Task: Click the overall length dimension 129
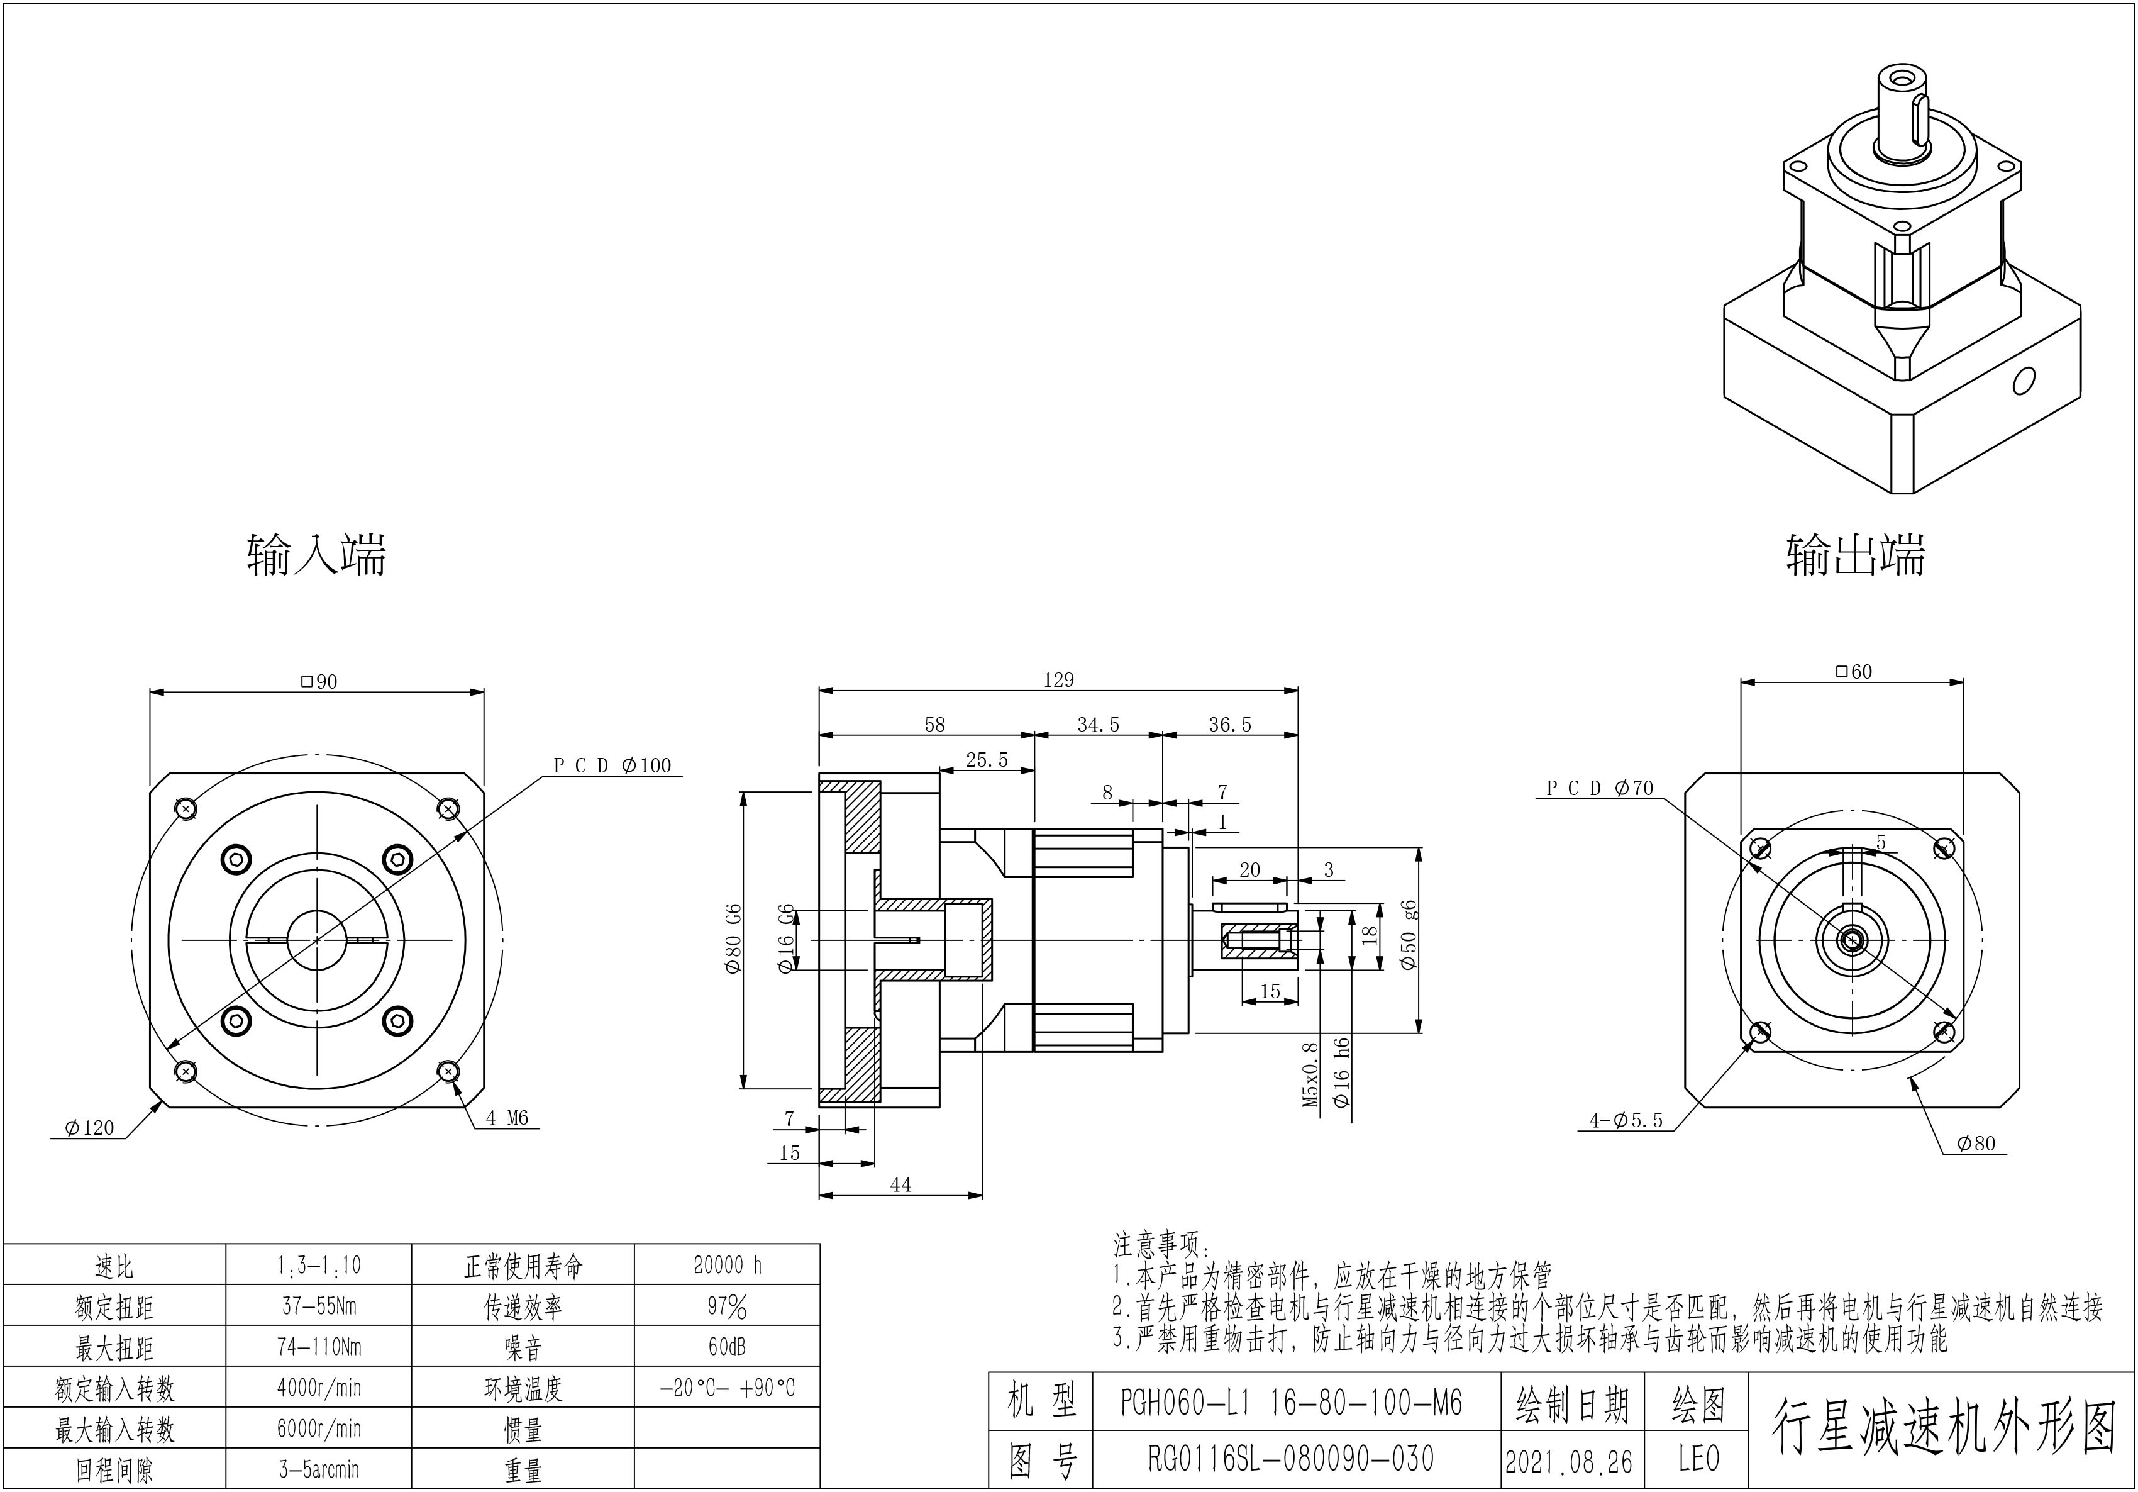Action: point(1059,680)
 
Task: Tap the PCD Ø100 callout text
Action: point(612,765)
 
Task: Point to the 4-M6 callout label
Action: point(507,1118)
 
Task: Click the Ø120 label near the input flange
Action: point(89,1128)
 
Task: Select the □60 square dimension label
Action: point(1853,672)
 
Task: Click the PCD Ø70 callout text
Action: point(1600,788)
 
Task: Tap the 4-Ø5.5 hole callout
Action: point(1626,1120)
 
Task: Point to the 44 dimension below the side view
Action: point(900,1184)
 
